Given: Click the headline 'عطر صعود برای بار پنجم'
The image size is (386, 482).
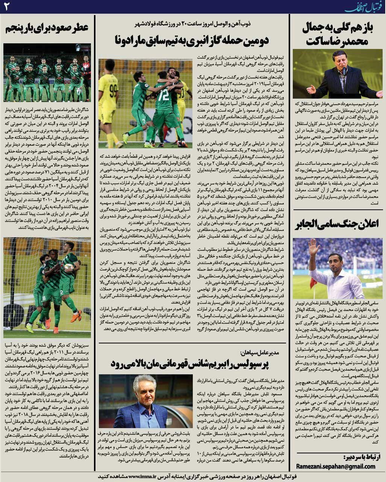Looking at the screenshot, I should (47, 28).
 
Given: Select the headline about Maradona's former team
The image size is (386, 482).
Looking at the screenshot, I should (192, 40).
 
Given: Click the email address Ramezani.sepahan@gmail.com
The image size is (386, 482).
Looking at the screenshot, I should (335, 466).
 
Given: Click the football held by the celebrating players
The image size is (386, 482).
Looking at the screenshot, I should (69, 267).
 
